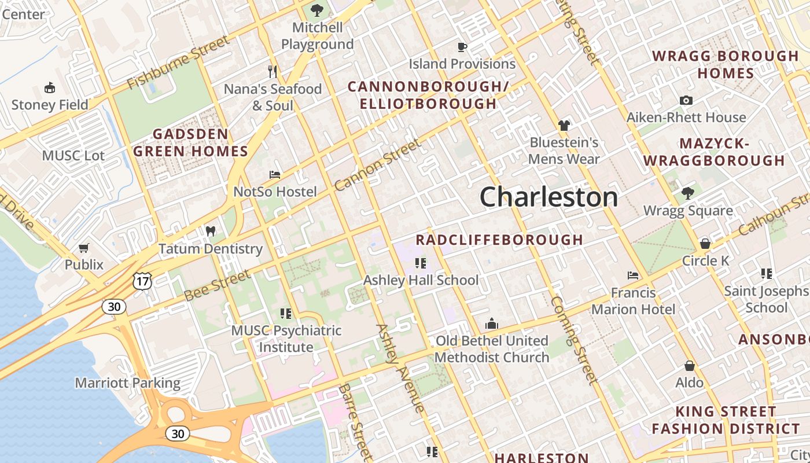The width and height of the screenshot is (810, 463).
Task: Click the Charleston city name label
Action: [548, 197]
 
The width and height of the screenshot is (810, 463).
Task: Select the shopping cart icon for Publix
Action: [84, 248]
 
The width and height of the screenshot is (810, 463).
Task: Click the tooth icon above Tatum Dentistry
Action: [211, 231]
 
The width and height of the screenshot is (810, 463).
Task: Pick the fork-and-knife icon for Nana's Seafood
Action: [273, 72]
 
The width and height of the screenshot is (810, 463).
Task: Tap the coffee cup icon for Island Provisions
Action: [462, 47]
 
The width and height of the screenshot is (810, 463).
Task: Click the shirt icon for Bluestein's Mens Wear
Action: [564, 126]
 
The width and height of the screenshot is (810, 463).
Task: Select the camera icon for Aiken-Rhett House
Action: [686, 101]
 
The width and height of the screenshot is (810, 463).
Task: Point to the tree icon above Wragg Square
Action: [687, 193]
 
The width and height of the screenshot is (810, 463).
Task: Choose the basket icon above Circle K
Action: [705, 244]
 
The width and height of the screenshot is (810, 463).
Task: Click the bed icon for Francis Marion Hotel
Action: [633, 275]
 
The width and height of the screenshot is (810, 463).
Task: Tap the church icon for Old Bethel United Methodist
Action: [492, 324]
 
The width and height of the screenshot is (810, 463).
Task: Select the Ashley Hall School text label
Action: [421, 280]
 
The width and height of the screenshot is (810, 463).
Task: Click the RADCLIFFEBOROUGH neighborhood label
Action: [499, 240]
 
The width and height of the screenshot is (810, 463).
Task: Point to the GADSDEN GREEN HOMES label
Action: [190, 143]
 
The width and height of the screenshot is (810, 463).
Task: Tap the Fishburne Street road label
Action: [178, 63]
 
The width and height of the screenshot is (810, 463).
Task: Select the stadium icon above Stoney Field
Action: [50, 88]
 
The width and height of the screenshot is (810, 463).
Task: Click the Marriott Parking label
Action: [127, 383]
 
